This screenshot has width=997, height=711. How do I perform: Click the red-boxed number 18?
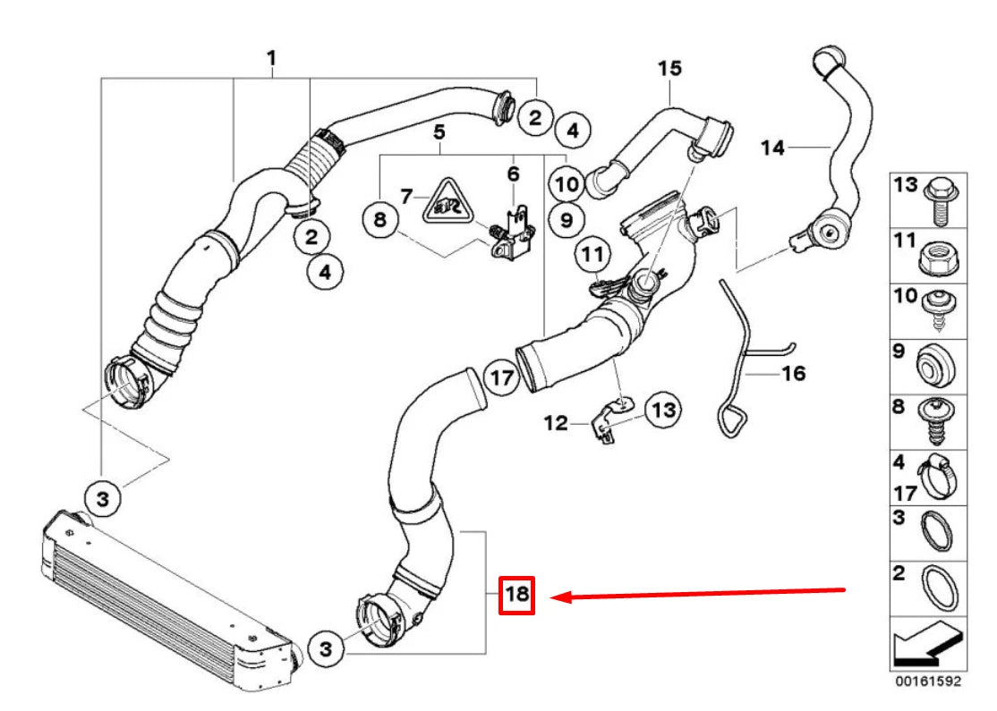pyautogui.click(x=516, y=594)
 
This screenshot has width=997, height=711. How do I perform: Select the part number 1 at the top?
pyautogui.click(x=271, y=60)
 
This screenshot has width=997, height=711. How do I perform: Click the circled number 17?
pyautogui.click(x=503, y=378)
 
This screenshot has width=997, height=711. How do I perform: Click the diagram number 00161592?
pyautogui.click(x=925, y=681)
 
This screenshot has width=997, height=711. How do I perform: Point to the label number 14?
pyautogui.click(x=773, y=146)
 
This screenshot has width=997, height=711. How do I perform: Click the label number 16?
pyautogui.click(x=794, y=372)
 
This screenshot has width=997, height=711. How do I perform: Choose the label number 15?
pyautogui.click(x=669, y=68)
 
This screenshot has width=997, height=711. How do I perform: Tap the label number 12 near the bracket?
pyautogui.click(x=556, y=421)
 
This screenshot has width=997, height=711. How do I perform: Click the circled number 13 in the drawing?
pyautogui.click(x=663, y=410)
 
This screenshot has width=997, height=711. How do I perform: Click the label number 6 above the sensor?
pyautogui.click(x=513, y=173)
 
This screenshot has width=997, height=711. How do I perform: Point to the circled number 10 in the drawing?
pyautogui.click(x=567, y=184)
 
